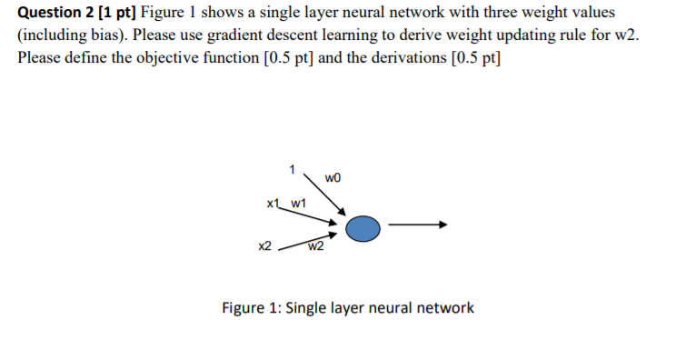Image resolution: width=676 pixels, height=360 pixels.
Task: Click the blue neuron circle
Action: coord(363,228)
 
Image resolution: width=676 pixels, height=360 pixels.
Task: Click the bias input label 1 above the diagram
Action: coord(291,168)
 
